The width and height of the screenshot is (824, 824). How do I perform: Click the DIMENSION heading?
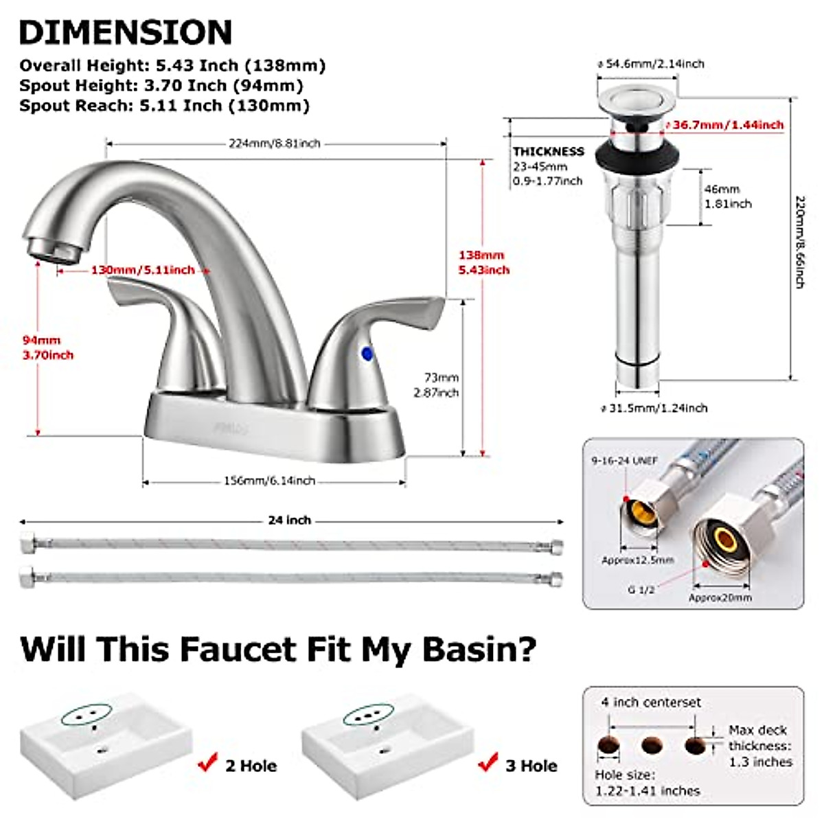126,32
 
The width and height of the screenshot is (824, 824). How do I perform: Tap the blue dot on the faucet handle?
367,354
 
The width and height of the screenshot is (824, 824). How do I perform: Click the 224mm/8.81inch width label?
275,144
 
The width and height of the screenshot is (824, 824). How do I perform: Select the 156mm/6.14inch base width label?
269,481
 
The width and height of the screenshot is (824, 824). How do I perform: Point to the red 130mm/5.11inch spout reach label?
143,270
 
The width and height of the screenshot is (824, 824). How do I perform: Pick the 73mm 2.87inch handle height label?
436,385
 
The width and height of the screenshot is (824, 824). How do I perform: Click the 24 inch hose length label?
289,520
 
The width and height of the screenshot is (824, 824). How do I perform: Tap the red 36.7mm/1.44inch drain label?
728,125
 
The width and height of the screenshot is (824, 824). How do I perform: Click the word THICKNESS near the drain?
548,151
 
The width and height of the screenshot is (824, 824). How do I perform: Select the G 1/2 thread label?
641,589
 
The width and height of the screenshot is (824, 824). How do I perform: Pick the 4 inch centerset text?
651,702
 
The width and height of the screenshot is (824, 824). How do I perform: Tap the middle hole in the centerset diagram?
652,744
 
